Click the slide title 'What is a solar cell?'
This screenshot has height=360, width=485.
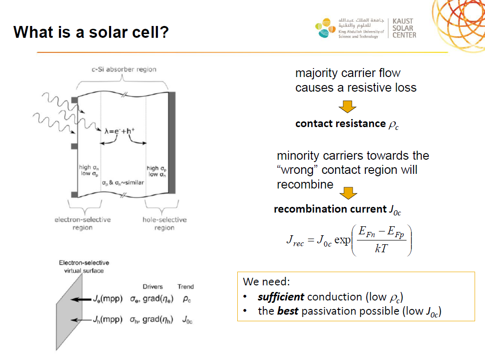[x=91, y=32]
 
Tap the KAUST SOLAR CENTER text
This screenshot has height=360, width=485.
[x=404, y=28]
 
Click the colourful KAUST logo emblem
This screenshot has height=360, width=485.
[x=325, y=28]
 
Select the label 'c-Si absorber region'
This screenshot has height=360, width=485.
[x=124, y=69]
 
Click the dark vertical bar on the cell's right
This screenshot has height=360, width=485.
[x=172, y=143]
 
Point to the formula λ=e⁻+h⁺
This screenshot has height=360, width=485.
[x=120, y=131]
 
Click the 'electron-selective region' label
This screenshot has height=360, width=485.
[x=83, y=223]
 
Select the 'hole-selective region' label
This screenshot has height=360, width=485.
[x=165, y=223]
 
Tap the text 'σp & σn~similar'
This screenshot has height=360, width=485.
[x=123, y=183]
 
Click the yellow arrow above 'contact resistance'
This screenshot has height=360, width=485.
[x=347, y=107]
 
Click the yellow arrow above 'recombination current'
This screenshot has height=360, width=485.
[x=348, y=193]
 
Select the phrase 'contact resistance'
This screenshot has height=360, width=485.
[x=340, y=124]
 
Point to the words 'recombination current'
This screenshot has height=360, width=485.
[x=330, y=209]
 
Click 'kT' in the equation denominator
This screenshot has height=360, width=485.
[x=381, y=248]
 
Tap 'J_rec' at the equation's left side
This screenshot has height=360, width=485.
[x=295, y=240]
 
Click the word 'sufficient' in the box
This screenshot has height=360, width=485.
[x=281, y=297]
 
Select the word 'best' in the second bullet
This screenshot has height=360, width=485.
[x=288, y=311]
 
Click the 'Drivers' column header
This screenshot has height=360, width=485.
[x=153, y=287]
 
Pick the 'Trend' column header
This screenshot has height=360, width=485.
[x=186, y=287]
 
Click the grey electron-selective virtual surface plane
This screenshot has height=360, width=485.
[x=69, y=312]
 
